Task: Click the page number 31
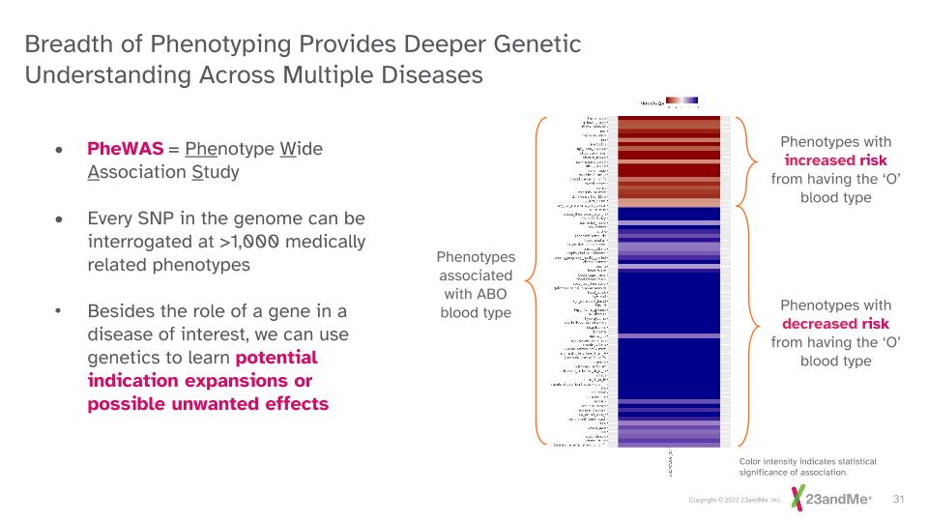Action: [x=898, y=499]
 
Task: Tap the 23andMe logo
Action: [x=830, y=499]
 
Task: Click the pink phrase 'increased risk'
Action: [x=834, y=160]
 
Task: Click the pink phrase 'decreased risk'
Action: [x=835, y=324]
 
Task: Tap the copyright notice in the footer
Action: [x=735, y=500]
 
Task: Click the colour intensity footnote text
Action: [x=794, y=468]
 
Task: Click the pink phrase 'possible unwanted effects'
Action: [x=208, y=403]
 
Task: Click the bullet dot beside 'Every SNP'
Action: [x=61, y=219]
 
